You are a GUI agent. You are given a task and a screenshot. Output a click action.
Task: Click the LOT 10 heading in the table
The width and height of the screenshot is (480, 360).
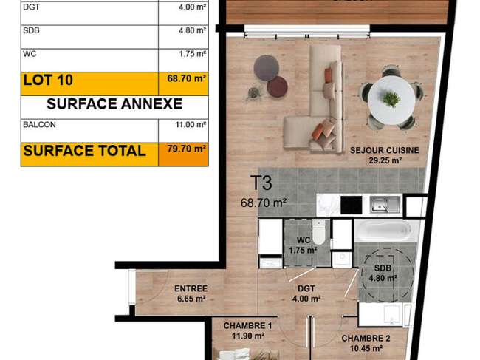click(48, 80)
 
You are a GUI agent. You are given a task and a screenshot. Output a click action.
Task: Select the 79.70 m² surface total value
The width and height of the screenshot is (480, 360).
click(186, 149)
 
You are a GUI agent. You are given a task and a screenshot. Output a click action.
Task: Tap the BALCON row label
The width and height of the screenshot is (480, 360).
click(39, 125)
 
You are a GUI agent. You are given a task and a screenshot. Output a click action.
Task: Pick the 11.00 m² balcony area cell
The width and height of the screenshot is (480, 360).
click(191, 125)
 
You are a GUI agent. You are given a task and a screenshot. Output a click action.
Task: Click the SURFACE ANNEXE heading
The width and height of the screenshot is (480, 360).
click(114, 104)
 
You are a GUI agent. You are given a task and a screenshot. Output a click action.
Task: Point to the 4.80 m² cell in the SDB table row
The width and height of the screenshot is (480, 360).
click(192, 30)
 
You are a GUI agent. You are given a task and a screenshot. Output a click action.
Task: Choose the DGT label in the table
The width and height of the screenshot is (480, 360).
click(31, 7)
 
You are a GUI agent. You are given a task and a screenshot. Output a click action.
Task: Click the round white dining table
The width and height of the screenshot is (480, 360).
click(391, 101)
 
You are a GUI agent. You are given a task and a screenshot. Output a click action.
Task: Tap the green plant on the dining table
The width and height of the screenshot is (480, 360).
click(391, 98)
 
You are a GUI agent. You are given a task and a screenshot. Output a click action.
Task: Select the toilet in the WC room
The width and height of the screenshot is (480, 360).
click(318, 232)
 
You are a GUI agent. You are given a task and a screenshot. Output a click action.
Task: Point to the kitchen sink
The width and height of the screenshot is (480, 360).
click(385, 204)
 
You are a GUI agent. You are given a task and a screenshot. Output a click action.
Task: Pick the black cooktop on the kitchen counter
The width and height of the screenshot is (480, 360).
click(352, 205)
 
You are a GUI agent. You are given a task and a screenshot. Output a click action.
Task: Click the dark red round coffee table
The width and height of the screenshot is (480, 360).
click(277, 86)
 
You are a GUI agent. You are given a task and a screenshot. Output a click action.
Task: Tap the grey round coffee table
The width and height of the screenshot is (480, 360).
click(267, 68)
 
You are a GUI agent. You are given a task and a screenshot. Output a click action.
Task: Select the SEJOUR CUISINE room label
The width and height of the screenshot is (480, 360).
click(385, 151)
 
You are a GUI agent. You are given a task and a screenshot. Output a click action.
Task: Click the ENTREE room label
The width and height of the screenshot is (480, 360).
click(191, 288)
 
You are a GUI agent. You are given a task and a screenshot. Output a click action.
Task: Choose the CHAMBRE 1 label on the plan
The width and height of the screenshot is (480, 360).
click(247, 326)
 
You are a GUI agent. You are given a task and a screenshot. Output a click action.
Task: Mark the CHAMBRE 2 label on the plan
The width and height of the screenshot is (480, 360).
click(366, 339)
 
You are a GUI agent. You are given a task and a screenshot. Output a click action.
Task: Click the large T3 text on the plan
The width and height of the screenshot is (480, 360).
click(261, 183)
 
